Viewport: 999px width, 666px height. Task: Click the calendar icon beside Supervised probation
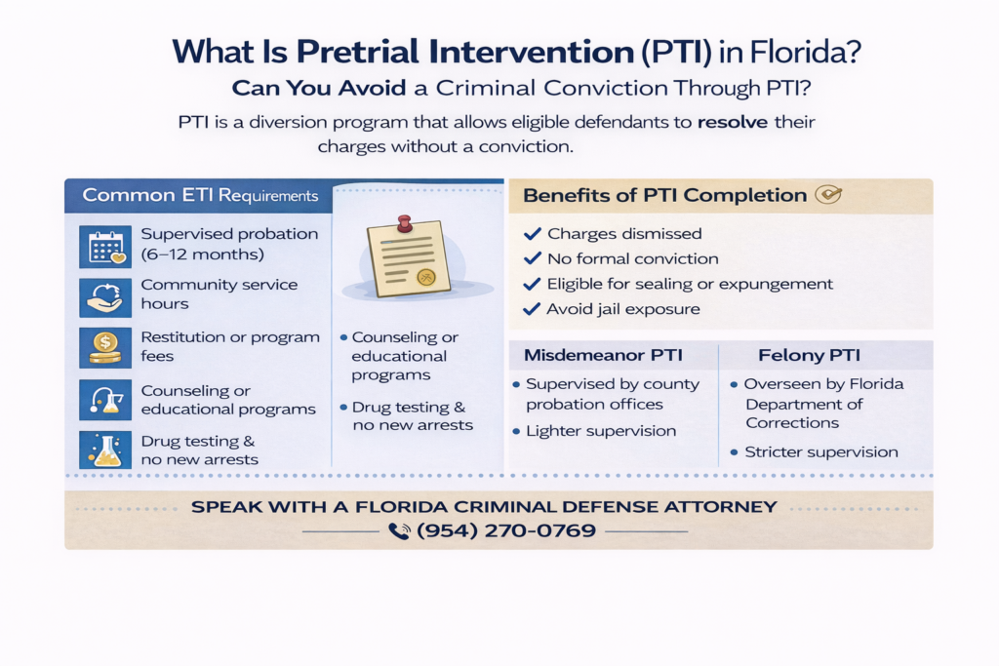click(105, 247)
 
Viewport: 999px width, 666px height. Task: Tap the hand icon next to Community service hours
click(105, 297)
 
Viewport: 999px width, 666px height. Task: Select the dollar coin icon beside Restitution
click(105, 348)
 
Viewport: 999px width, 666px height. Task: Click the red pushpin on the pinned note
click(404, 223)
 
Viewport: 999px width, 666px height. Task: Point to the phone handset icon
click(399, 531)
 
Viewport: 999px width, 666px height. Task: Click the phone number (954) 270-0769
click(506, 530)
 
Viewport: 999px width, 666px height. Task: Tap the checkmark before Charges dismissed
click(532, 234)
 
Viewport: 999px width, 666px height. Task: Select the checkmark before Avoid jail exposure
click(532, 309)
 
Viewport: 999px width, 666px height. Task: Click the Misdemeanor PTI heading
click(603, 355)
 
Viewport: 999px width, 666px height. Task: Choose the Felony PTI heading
click(809, 355)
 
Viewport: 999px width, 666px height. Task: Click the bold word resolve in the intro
click(733, 122)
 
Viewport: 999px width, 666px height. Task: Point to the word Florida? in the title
click(805, 52)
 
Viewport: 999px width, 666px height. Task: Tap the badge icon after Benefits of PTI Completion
click(828, 194)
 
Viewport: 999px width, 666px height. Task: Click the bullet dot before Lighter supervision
click(516, 432)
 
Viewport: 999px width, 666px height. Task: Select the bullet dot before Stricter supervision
click(734, 452)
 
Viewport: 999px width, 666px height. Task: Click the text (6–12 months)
click(203, 255)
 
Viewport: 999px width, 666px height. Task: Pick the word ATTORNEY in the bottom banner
click(721, 507)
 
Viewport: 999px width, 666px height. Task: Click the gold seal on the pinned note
click(425, 277)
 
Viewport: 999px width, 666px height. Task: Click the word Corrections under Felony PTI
click(792, 423)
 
